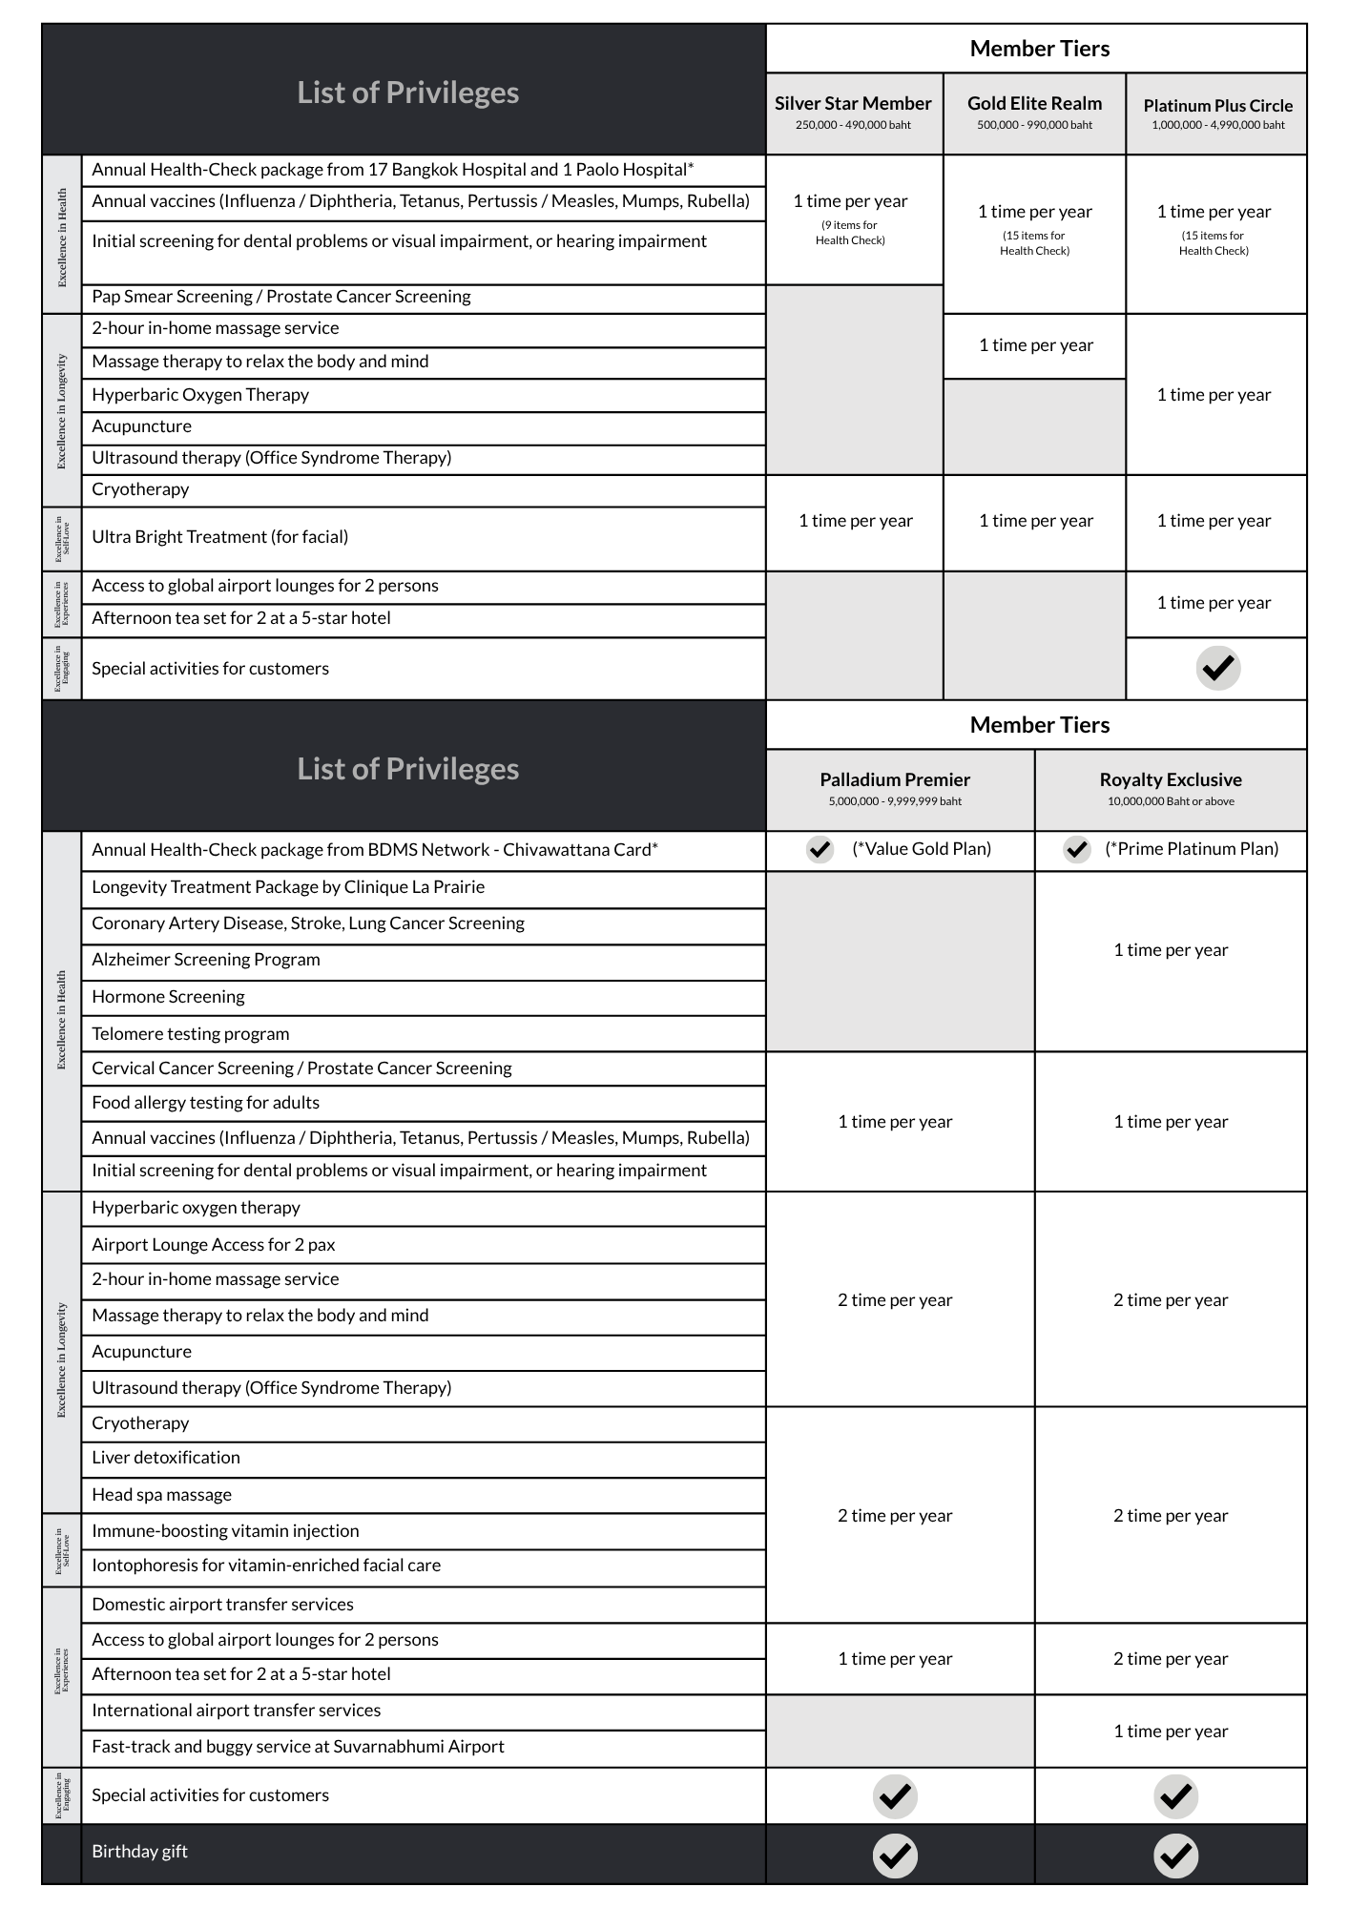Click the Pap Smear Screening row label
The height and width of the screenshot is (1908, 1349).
pyautogui.click(x=280, y=297)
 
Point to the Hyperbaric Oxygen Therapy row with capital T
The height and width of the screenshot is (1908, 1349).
pyautogui.click(x=200, y=395)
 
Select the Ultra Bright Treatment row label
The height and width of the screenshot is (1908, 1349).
pyautogui.click(x=219, y=537)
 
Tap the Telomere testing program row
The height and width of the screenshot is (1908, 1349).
pyautogui.click(x=190, y=1034)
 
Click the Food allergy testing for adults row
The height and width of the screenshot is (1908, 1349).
pyautogui.click(x=205, y=1103)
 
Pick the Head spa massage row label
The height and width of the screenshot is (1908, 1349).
pyautogui.click(x=161, y=1495)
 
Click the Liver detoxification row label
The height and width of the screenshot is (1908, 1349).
pyautogui.click(x=166, y=1458)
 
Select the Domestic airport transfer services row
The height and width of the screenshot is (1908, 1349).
pyautogui.click(x=222, y=1605)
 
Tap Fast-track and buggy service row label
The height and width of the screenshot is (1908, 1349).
pyautogui.click(x=298, y=1747)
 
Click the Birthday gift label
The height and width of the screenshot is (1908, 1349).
pyautogui.click(x=139, y=1852)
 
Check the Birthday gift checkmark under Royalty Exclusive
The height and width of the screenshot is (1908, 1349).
pyautogui.click(x=1175, y=1856)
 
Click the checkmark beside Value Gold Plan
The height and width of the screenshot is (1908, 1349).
pyautogui.click(x=820, y=849)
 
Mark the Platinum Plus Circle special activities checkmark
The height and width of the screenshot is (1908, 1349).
pyautogui.click(x=1217, y=668)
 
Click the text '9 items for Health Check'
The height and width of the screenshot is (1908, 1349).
pyautogui.click(x=849, y=233)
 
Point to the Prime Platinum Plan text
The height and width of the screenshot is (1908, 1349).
pyautogui.click(x=1192, y=849)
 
